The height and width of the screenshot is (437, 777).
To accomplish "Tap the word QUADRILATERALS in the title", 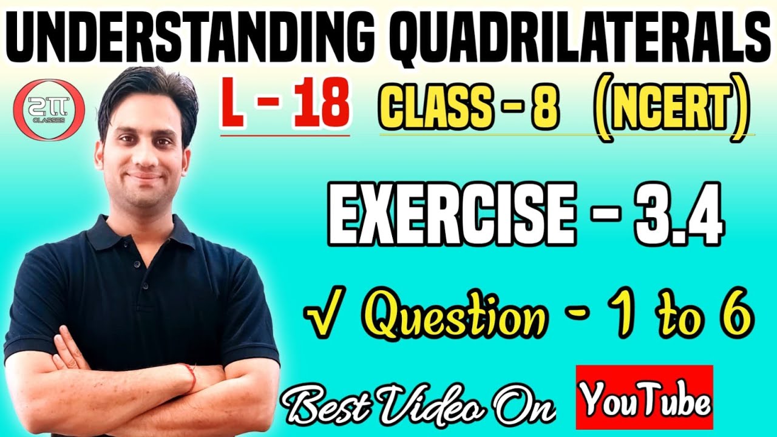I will (568, 38).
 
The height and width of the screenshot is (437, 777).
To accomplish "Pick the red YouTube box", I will (644, 397).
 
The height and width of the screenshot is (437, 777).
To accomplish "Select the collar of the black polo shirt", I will (140, 234).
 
